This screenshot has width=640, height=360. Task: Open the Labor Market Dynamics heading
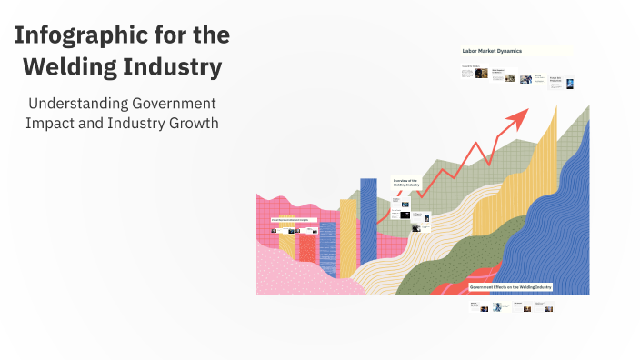pyautogui.click(x=492, y=51)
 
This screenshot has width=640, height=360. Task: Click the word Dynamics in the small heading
pyautogui.click(x=508, y=51)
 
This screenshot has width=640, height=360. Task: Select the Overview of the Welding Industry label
pyautogui.click(x=405, y=183)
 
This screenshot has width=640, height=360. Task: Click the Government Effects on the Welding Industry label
pyautogui.click(x=510, y=286)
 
